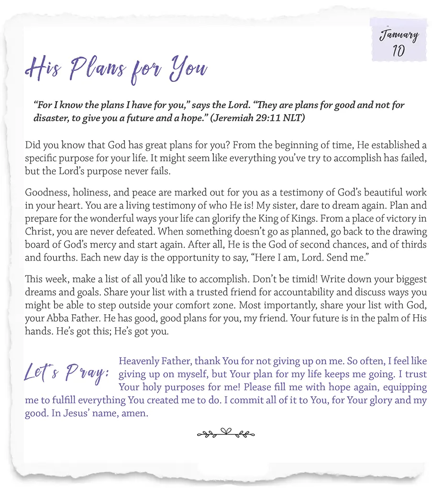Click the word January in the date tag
(x=399, y=35)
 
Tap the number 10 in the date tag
(x=398, y=51)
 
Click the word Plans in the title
(x=99, y=69)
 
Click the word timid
(x=267, y=280)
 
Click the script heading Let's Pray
(x=67, y=374)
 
